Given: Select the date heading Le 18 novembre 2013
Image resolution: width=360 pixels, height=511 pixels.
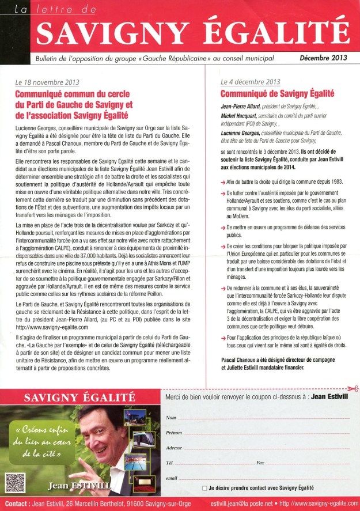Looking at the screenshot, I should (x=48, y=82).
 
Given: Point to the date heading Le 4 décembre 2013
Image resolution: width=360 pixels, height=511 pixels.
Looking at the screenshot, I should (x=251, y=82).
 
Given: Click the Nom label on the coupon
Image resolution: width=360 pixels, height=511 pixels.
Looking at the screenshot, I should (x=170, y=417).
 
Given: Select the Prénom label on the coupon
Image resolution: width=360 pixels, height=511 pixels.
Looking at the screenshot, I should (x=173, y=432).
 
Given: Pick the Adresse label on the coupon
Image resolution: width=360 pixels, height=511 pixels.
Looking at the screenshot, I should (x=174, y=448).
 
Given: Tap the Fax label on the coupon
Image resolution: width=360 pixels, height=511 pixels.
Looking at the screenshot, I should (x=260, y=463).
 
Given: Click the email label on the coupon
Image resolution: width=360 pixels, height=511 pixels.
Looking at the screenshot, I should (x=171, y=478).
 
